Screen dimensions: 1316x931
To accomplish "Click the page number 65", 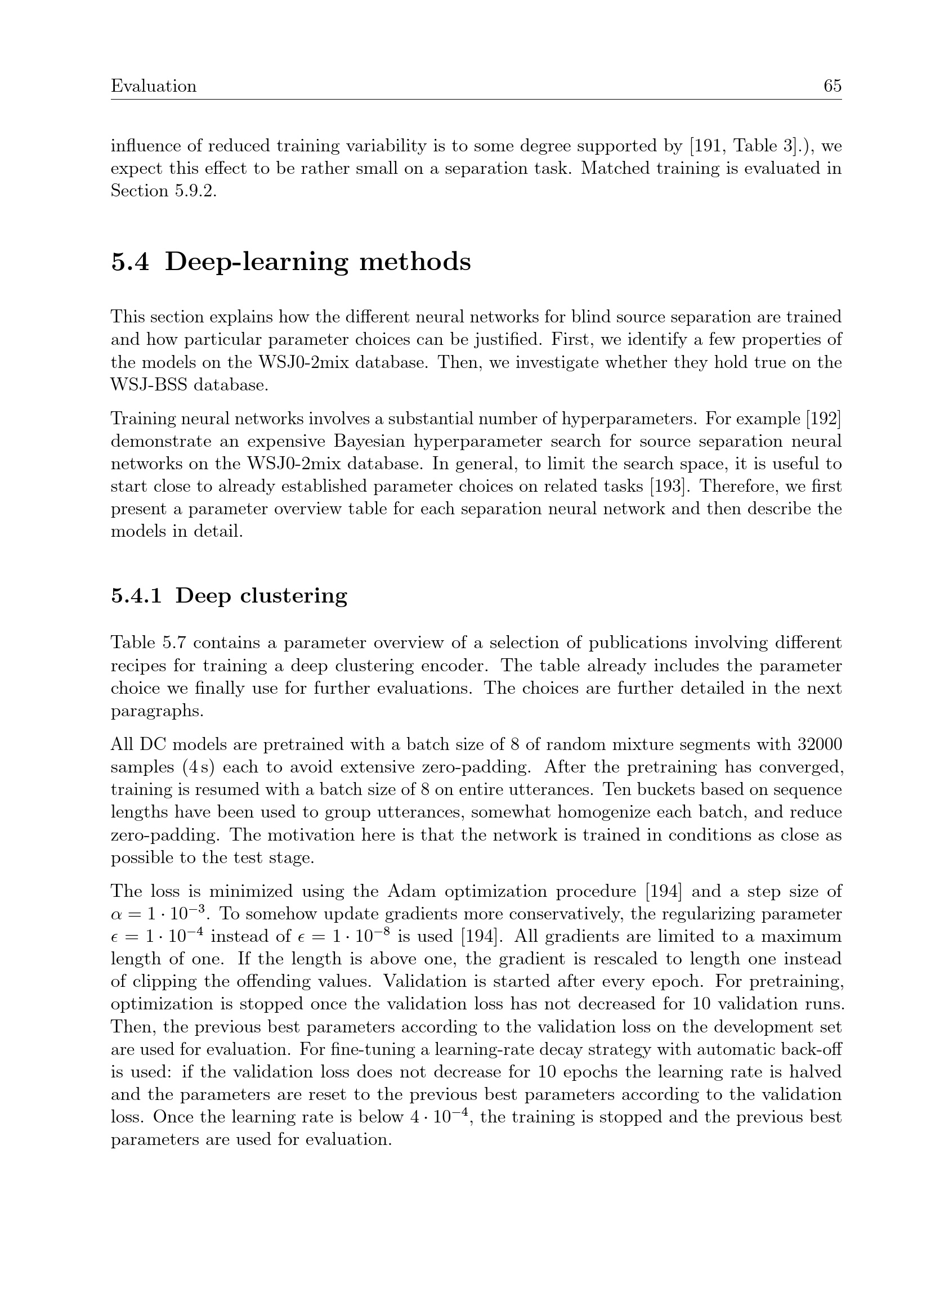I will [832, 86].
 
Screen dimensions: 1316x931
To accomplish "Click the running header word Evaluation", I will [154, 86].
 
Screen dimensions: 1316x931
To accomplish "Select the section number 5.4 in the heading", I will [130, 262].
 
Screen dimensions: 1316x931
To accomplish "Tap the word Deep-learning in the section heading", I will [257, 262].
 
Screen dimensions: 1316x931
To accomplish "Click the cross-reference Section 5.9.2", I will [164, 191].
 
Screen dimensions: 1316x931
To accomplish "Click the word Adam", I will [411, 891].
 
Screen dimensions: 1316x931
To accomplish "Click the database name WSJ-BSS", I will [149, 385].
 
